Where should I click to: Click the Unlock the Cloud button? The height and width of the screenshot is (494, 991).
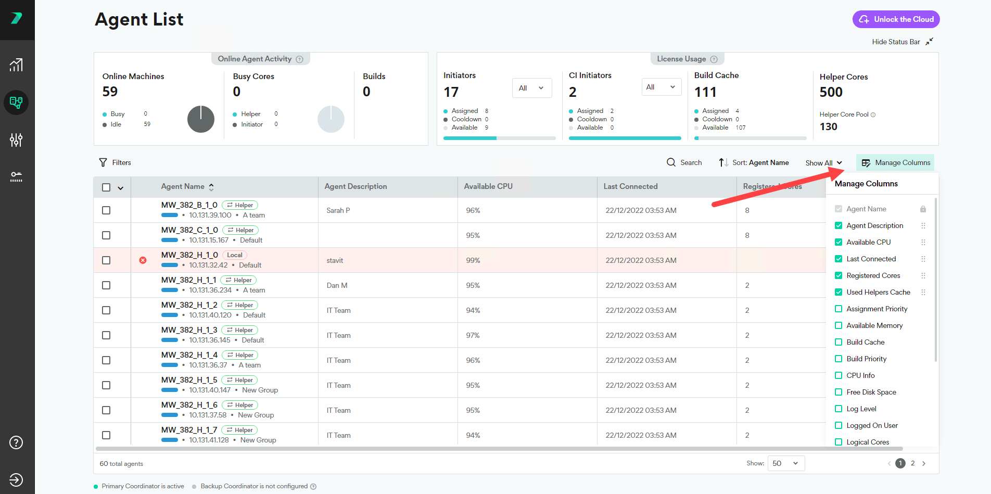[896, 19]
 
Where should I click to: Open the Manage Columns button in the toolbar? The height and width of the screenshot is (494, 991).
[895, 162]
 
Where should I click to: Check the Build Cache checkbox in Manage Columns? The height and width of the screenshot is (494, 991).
[838, 342]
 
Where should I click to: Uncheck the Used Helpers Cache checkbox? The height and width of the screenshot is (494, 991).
[838, 292]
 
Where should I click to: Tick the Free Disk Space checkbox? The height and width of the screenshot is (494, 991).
[838, 392]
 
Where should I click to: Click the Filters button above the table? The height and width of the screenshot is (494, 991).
[115, 162]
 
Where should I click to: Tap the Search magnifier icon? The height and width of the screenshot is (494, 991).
[671, 162]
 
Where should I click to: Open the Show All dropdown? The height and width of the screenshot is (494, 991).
[823, 163]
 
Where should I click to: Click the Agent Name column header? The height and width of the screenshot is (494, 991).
[183, 186]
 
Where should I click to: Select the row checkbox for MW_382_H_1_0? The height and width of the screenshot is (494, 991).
[106, 260]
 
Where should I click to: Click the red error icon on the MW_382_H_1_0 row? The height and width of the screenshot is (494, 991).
[143, 260]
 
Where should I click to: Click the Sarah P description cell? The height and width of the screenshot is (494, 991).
[338, 210]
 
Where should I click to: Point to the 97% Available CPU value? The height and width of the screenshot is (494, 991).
[473, 335]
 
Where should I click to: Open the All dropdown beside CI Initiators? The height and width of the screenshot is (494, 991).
[661, 87]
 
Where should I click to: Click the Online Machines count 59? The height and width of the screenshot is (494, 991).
[110, 92]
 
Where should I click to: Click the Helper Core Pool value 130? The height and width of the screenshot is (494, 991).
[829, 126]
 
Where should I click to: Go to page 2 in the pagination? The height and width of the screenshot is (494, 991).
[912, 463]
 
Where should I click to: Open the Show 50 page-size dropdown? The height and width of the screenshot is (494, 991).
[785, 463]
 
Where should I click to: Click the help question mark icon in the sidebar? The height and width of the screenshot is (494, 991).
[16, 442]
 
